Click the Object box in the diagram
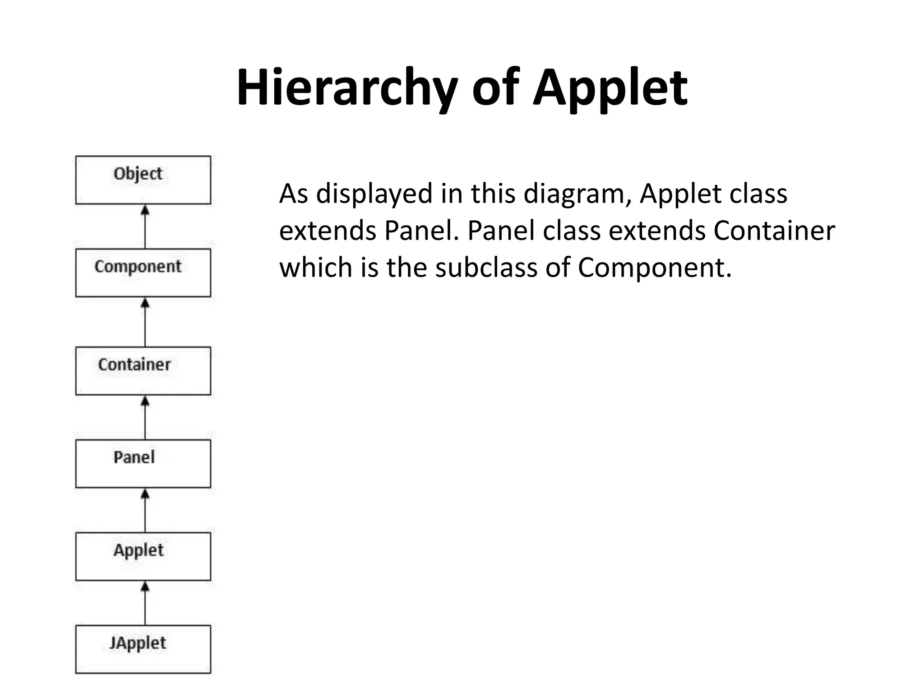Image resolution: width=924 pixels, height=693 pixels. (x=143, y=180)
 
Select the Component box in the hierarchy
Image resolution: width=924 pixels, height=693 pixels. (x=143, y=273)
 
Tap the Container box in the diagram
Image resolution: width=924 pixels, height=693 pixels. (x=143, y=370)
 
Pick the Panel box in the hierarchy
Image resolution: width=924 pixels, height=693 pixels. (x=143, y=463)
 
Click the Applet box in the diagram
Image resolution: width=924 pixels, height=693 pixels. (x=143, y=556)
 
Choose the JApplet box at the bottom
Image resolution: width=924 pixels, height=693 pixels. (x=143, y=649)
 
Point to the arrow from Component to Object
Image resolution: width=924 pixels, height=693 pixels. (x=145, y=226)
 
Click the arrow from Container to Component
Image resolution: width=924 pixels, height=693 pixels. (x=145, y=322)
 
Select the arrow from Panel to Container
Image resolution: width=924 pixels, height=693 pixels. (x=145, y=417)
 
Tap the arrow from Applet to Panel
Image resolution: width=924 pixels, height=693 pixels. (x=145, y=510)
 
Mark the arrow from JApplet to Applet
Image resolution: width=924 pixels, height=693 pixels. (x=145, y=603)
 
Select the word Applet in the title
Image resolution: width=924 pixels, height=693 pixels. (x=610, y=87)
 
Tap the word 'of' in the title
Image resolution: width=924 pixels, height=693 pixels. (x=494, y=87)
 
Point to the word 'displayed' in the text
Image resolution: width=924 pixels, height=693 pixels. (x=374, y=194)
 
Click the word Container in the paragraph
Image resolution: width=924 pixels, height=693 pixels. (x=774, y=231)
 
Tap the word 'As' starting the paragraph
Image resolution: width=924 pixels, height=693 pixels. (x=293, y=194)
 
